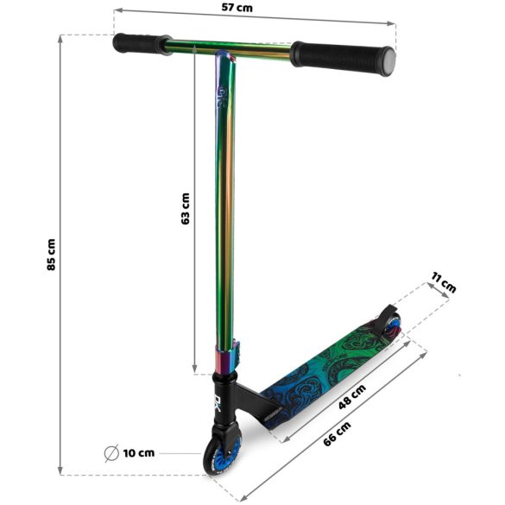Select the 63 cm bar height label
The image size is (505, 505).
click(x=186, y=208)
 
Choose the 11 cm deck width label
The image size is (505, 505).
click(x=443, y=283)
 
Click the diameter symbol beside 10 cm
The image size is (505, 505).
click(x=111, y=452)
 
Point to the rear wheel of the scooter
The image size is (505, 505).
click(x=394, y=326)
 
